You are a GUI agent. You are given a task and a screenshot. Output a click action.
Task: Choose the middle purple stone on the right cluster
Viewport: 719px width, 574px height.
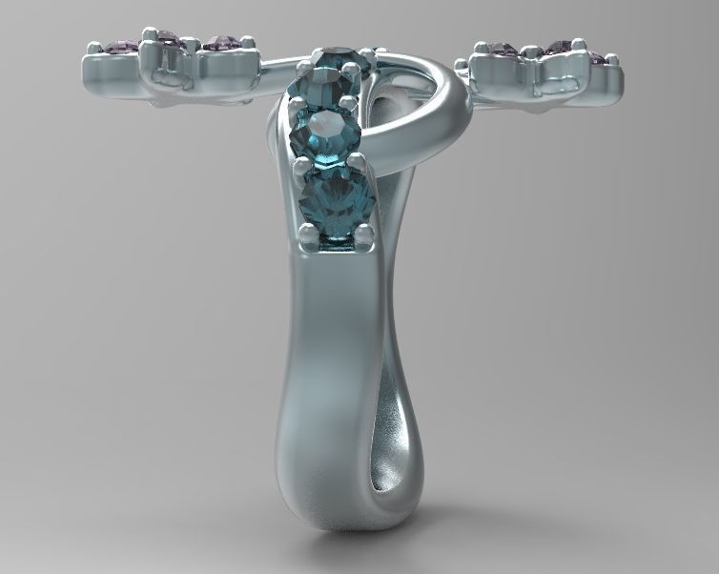[x=559, y=46]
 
